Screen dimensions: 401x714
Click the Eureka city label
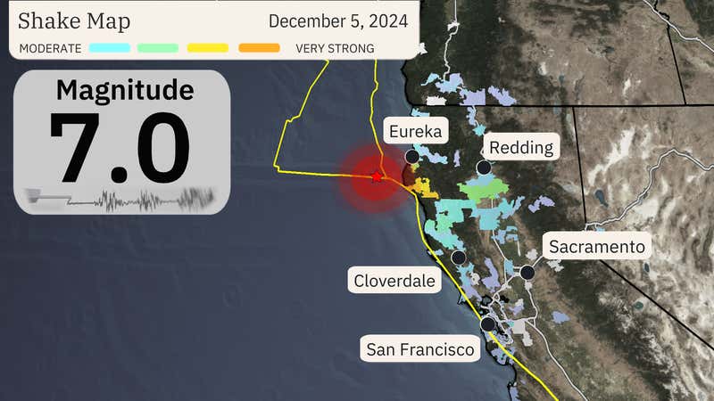click(x=415, y=132)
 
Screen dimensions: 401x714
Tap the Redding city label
click(x=521, y=147)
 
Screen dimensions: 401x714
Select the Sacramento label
click(x=596, y=246)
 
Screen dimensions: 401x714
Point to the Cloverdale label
click(x=394, y=282)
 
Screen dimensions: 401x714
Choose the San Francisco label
click(x=420, y=349)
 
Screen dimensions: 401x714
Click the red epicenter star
click(x=377, y=178)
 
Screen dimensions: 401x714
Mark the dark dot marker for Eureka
click(x=411, y=157)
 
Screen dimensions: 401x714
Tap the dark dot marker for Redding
click(x=484, y=168)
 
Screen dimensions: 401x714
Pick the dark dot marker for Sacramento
click(x=527, y=273)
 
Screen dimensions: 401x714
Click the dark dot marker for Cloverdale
click(x=459, y=258)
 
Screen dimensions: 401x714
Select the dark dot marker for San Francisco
click(x=488, y=324)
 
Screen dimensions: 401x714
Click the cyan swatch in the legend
click(x=110, y=48)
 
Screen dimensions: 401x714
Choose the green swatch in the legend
click(x=159, y=48)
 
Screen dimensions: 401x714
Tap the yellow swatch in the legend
click(x=209, y=48)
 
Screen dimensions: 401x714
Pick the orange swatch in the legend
click(x=259, y=48)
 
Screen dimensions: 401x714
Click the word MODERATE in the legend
click(x=50, y=48)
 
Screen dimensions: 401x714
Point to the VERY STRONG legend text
click(x=335, y=48)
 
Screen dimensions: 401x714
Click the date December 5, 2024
click(x=338, y=20)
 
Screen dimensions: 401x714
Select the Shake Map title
click(x=74, y=20)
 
